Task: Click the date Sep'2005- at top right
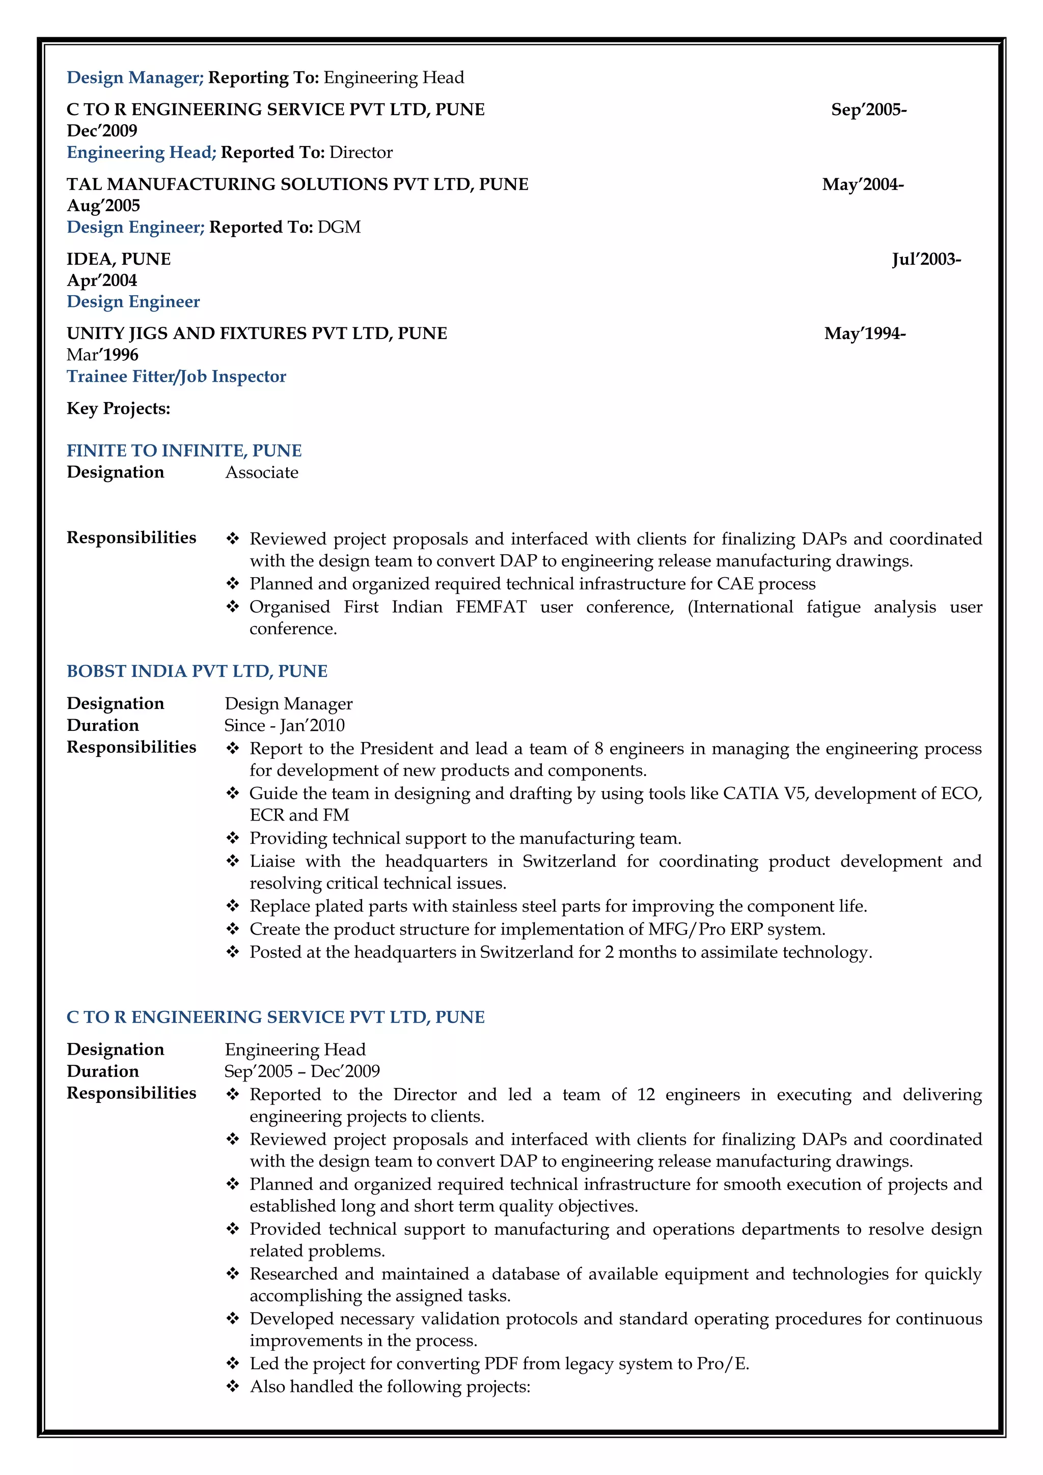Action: pyautogui.click(x=868, y=110)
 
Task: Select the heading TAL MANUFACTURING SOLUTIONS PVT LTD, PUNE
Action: pyautogui.click(x=297, y=184)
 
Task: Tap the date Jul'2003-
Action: pyautogui.click(x=925, y=260)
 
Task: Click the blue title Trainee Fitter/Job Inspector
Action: pyautogui.click(x=176, y=377)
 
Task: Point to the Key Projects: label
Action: pyautogui.click(x=118, y=409)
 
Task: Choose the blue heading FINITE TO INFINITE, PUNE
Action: pyautogui.click(x=184, y=450)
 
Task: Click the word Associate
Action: pyautogui.click(x=262, y=473)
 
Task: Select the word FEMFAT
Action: pyautogui.click(x=491, y=607)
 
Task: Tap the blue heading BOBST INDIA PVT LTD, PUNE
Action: pyautogui.click(x=197, y=671)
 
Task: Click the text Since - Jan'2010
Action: pyautogui.click(x=284, y=725)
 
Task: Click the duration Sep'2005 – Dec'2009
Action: pyautogui.click(x=302, y=1071)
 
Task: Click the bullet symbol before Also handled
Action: pyautogui.click(x=233, y=1387)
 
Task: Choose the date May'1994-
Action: pyautogui.click(x=864, y=334)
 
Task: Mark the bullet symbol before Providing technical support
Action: pyautogui.click(x=233, y=838)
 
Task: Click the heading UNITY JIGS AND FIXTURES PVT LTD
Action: pyautogui.click(x=256, y=334)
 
